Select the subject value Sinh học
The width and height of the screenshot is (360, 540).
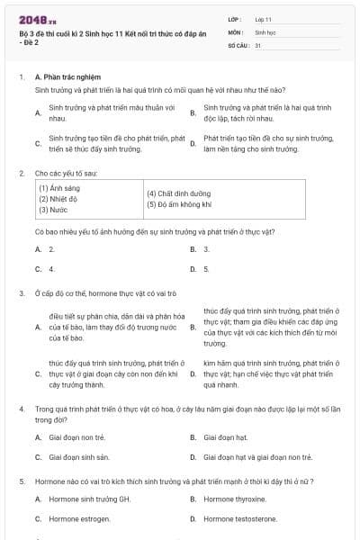coord(265,31)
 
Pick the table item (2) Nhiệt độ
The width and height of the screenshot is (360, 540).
coord(57,198)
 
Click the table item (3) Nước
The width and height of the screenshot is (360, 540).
coord(53,209)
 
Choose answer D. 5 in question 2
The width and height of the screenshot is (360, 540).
coord(206,268)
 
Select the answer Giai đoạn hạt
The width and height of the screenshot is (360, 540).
coord(225,437)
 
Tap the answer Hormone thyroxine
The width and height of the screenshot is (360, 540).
coord(236,499)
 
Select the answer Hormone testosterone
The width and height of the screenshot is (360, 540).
coord(239,518)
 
